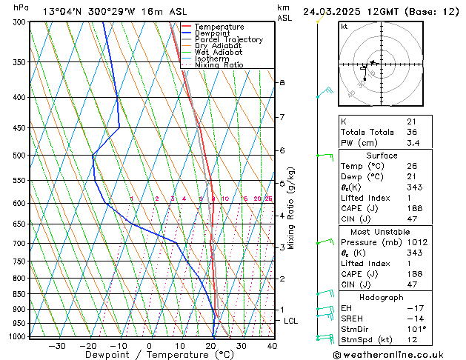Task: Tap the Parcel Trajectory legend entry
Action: coord(228,40)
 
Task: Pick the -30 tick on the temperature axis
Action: coord(56,346)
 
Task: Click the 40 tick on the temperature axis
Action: coord(272,346)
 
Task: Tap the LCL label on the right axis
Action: coord(291,321)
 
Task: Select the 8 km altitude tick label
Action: coord(282,82)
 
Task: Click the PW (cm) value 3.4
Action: coord(412,143)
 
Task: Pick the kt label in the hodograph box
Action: coord(344,27)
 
